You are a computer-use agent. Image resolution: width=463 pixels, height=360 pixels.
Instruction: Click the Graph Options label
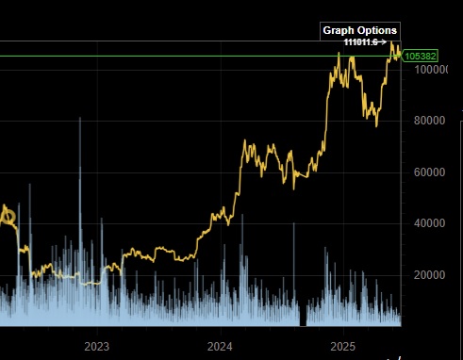tap(360, 30)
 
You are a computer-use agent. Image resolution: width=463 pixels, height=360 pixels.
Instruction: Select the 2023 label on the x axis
tap(97, 347)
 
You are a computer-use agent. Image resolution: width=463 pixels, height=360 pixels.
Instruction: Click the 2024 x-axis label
tap(221, 347)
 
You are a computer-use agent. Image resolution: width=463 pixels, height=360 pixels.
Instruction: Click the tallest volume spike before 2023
tap(80, 119)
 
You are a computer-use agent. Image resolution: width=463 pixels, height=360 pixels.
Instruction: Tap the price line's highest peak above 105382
tap(394, 43)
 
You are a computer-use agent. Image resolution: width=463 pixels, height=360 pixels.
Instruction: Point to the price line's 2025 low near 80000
tap(377, 124)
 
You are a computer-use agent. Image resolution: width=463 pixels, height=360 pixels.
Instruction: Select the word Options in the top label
tap(379, 30)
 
